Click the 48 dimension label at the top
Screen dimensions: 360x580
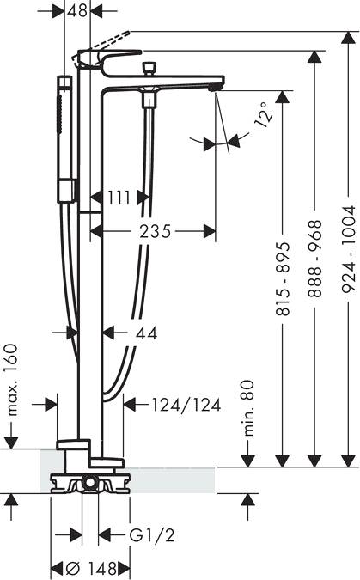pyautogui.click(x=77, y=10)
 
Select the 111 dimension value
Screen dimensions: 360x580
pyautogui.click(x=119, y=197)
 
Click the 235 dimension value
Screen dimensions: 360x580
pyautogui.click(x=156, y=231)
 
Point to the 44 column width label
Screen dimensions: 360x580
pyautogui.click(x=147, y=333)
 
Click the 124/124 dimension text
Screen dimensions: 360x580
pyautogui.click(x=186, y=405)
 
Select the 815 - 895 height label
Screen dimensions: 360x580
pyautogui.click(x=284, y=279)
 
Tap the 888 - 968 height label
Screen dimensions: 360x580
pyautogui.click(x=315, y=259)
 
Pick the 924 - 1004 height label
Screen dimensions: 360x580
pyautogui.click(x=348, y=250)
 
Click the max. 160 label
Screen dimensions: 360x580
pyautogui.click(x=13, y=380)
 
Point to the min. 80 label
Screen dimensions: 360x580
pyautogui.click(x=249, y=408)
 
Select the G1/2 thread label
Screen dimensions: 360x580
pyautogui.click(x=152, y=534)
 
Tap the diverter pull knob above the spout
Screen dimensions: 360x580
pyautogui.click(x=149, y=68)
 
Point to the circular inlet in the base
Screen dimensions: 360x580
pyautogui.click(x=89, y=482)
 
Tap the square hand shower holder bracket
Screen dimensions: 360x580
pyautogui.click(x=67, y=191)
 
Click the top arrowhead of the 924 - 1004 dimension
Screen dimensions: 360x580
pyautogui.click(x=348, y=39)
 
